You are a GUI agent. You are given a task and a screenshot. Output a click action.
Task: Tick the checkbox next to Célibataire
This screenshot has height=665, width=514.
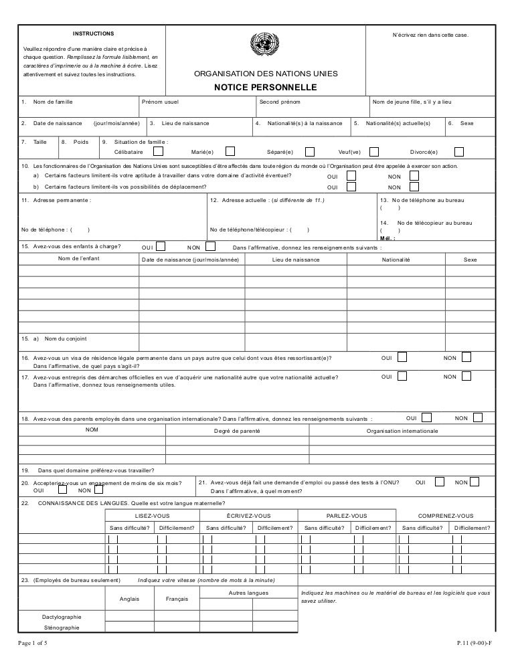tap(159, 151)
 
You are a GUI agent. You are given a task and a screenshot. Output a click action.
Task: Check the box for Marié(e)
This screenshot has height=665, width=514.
tap(230, 151)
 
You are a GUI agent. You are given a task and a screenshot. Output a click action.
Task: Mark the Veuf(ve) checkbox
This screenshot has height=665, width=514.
tap(374, 151)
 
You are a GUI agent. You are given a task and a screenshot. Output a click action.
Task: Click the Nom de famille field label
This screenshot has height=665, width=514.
tap(53, 102)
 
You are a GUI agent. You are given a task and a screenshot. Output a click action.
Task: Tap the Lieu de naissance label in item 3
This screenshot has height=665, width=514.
tap(185, 124)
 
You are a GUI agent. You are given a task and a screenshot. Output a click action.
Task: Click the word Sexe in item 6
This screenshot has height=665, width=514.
tap(466, 124)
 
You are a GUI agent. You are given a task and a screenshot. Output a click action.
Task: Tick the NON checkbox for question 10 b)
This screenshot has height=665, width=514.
tap(414, 187)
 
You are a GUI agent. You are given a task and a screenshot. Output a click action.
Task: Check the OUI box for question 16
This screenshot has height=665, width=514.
tap(402, 358)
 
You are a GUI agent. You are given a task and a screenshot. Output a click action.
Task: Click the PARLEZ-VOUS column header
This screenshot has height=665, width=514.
tap(346, 515)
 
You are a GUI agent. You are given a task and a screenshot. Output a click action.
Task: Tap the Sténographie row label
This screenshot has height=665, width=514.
tap(61, 628)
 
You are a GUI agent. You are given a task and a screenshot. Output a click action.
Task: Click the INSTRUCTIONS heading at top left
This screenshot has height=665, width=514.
tap(94, 33)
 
